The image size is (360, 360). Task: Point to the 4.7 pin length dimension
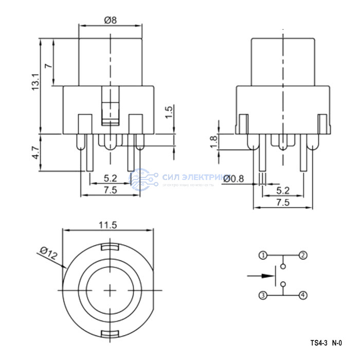(x=35, y=153)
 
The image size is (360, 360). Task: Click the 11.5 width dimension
(x=108, y=224)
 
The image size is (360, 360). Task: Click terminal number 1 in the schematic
(x=263, y=255)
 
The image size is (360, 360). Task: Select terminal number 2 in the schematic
(x=303, y=255)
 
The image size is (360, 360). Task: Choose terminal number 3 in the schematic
(x=263, y=295)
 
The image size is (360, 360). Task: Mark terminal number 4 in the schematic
(x=303, y=295)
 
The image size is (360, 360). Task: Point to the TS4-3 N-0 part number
(x=326, y=342)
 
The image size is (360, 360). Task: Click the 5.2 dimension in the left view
(x=110, y=178)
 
